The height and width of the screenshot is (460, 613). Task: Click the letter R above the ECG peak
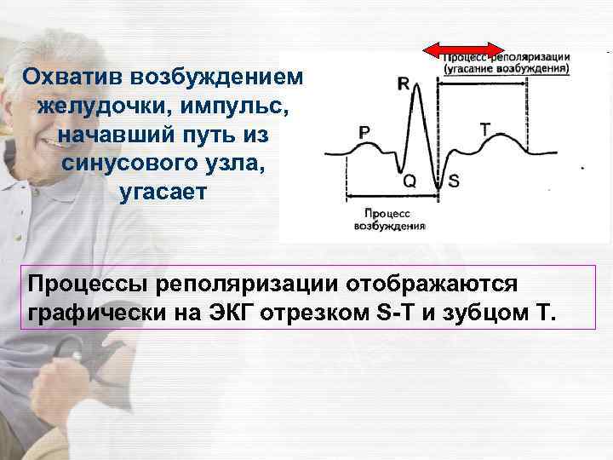(x=403, y=84)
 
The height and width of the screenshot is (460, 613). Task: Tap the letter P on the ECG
(x=364, y=132)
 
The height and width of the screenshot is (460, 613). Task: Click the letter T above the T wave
(x=484, y=129)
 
